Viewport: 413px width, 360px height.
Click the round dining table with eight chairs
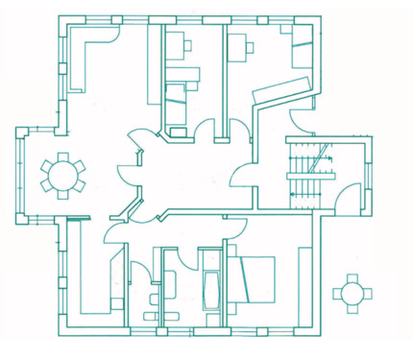(62, 176)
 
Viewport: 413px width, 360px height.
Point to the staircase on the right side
(310, 173)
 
